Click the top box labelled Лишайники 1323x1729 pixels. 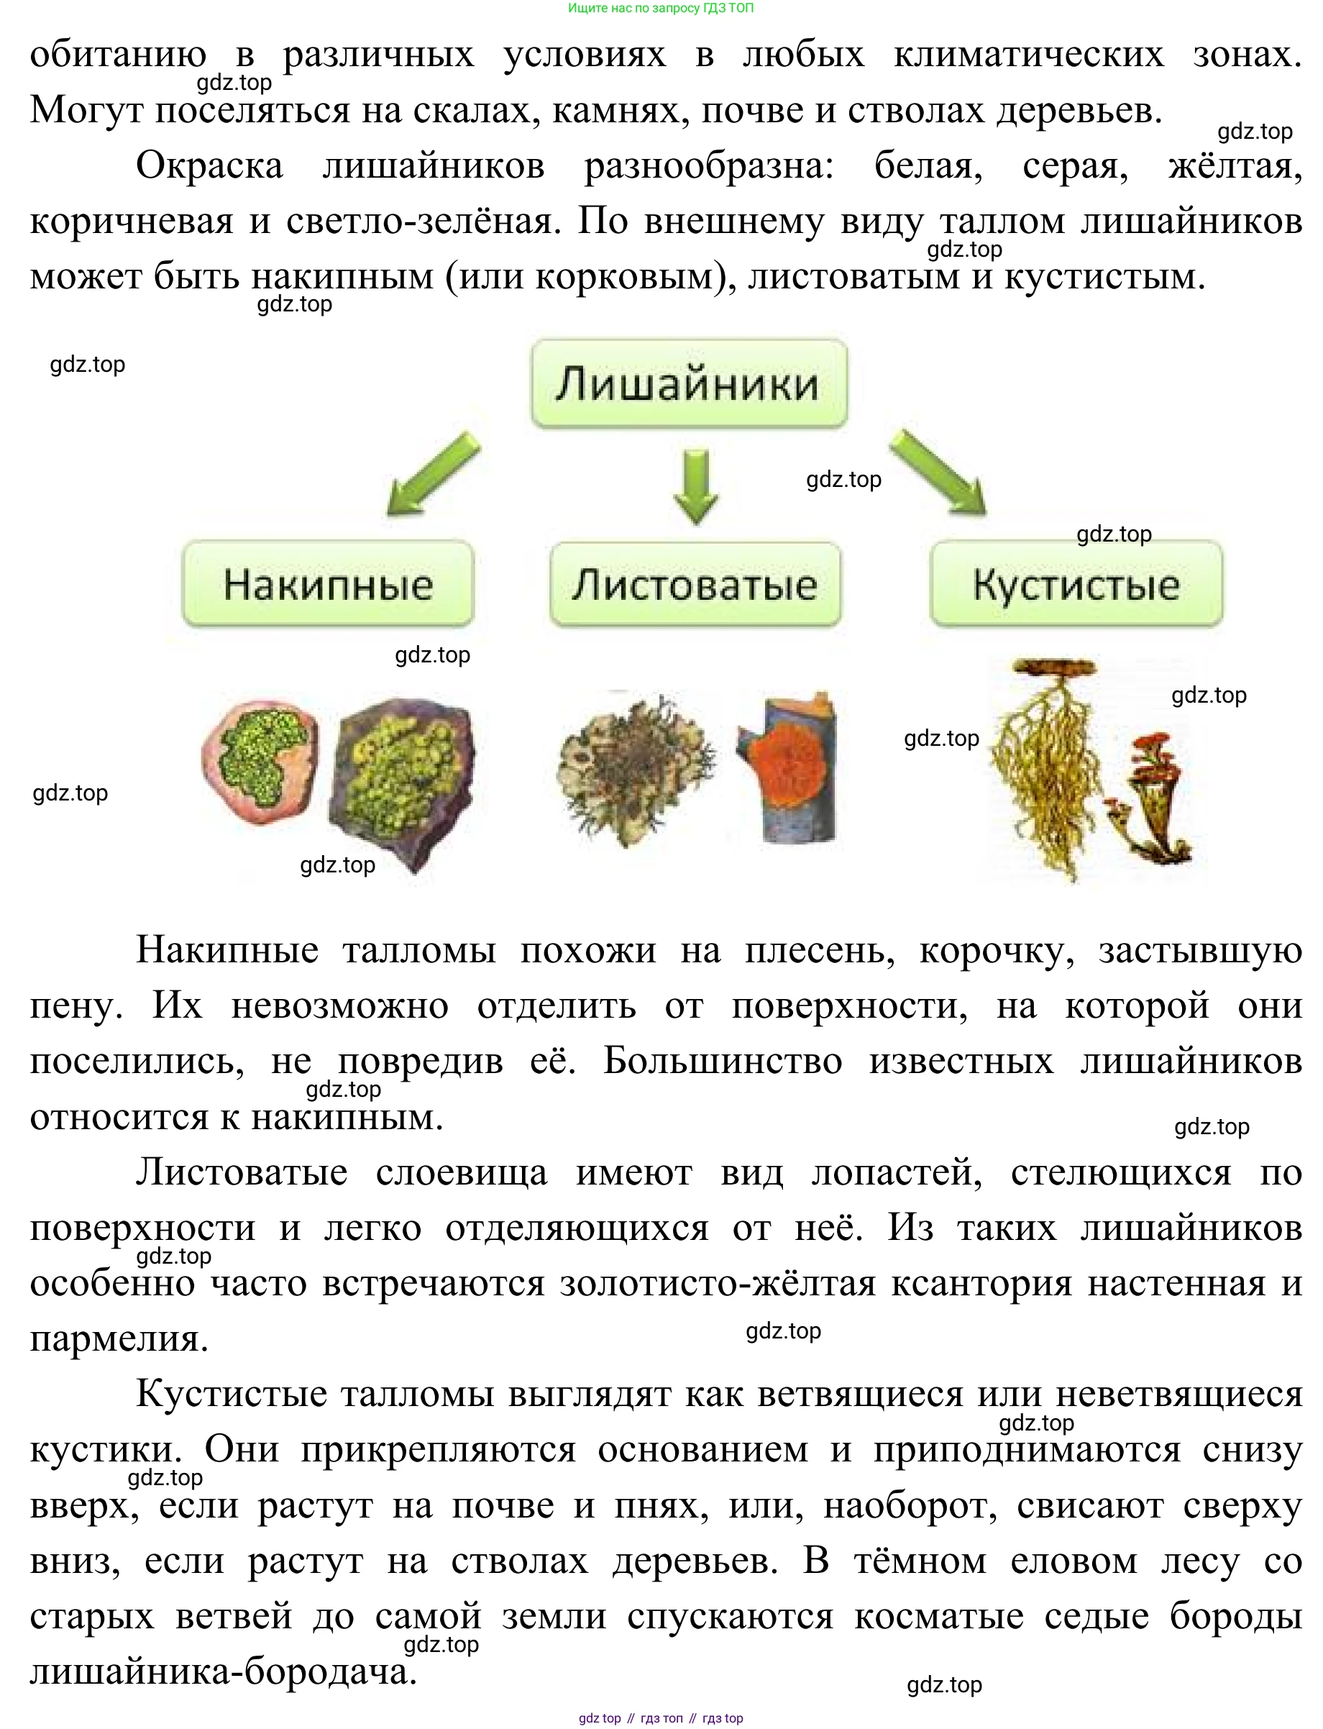689,383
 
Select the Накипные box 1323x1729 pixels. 328,584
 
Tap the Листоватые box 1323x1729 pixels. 695,584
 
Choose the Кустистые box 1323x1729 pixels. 1076,584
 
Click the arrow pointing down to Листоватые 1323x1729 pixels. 695,485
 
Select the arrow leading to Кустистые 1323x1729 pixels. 940,472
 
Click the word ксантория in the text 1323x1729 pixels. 981,1283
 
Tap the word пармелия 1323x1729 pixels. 118,1339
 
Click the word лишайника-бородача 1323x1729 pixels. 222,1671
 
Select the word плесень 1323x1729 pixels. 819,950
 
